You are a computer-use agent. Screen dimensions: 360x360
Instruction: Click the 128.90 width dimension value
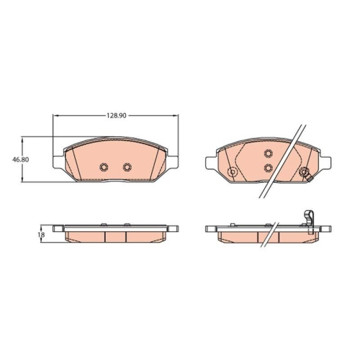[117, 115]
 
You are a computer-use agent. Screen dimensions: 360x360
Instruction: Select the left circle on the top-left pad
[104, 166]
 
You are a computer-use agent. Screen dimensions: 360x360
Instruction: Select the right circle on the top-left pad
[127, 166]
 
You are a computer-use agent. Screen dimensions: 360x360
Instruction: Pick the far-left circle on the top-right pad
[233, 171]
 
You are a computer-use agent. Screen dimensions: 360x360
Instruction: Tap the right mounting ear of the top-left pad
[173, 163]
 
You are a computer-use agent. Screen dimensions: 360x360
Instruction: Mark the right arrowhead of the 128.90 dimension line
[174, 115]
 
